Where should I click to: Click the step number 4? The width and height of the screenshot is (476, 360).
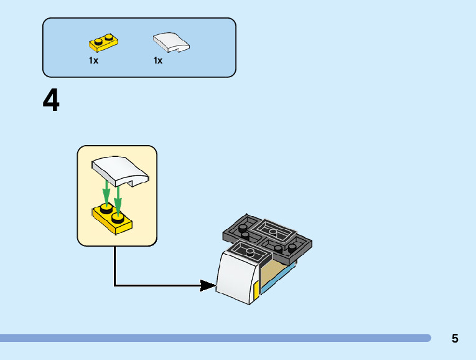pyautogui.click(x=51, y=100)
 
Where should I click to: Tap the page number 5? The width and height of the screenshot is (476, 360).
pyautogui.click(x=455, y=338)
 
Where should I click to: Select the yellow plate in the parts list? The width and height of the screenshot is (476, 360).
pyautogui.click(x=103, y=42)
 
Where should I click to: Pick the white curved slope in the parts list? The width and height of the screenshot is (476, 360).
pyautogui.click(x=171, y=42)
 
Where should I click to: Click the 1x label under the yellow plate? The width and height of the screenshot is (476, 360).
pyautogui.click(x=93, y=60)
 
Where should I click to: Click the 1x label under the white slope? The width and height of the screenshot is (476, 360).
pyautogui.click(x=158, y=60)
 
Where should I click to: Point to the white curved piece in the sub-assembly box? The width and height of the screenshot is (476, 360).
pyautogui.click(x=120, y=171)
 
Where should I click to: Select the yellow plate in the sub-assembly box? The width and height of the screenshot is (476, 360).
pyautogui.click(x=112, y=219)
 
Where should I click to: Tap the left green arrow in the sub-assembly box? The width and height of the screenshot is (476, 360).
pyautogui.click(x=106, y=192)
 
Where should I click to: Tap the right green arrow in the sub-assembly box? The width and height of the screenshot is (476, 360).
pyautogui.click(x=118, y=200)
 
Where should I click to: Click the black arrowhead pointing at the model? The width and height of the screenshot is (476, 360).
pyautogui.click(x=208, y=285)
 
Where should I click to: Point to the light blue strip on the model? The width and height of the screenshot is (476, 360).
pyautogui.click(x=278, y=278)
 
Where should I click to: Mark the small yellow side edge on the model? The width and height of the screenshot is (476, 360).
pyautogui.click(x=256, y=290)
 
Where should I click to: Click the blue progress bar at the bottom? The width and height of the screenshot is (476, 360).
pyautogui.click(x=215, y=338)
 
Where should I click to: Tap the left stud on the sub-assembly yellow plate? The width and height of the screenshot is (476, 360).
pyautogui.click(x=106, y=209)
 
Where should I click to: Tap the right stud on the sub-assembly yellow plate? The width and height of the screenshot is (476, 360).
pyautogui.click(x=118, y=217)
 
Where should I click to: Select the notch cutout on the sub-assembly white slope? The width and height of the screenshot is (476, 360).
pyautogui.click(x=134, y=182)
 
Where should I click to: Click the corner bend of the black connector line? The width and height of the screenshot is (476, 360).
pyautogui.click(x=114, y=285)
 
